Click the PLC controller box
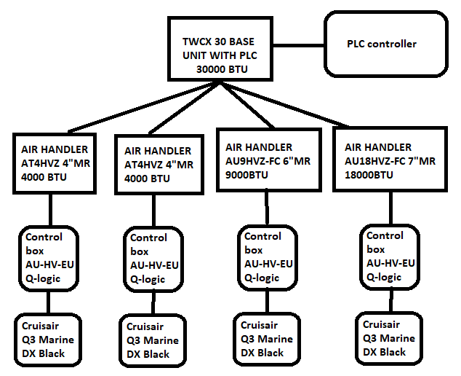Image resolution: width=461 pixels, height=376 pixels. [x=382, y=44]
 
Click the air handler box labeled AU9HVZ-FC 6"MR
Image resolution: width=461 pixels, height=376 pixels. [x=268, y=160]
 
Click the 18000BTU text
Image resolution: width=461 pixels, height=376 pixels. [x=369, y=175]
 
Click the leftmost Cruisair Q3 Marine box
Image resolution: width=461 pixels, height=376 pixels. [x=49, y=339]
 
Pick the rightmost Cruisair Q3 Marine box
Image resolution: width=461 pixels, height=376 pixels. [x=390, y=339]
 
